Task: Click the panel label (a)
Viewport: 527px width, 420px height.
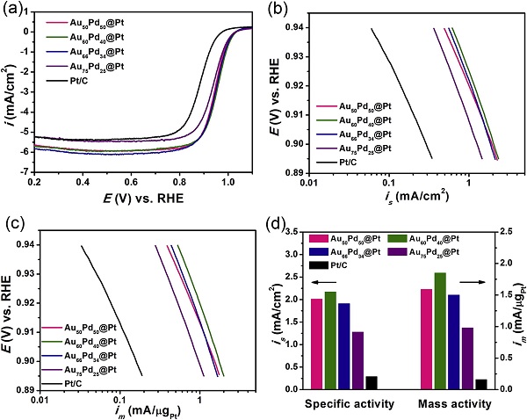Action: [16, 11]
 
